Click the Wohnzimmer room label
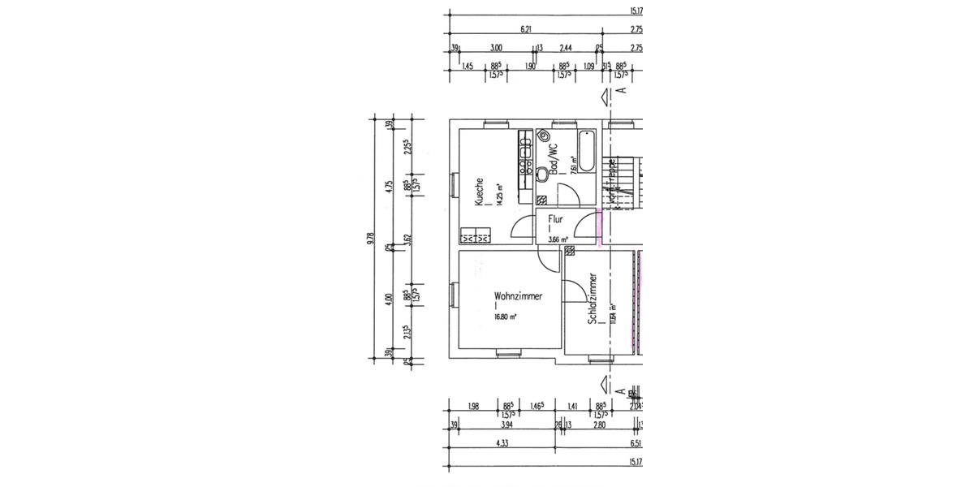(518, 296)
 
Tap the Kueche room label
(481, 192)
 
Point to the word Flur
(555, 219)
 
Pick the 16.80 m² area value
(508, 317)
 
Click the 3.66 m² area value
(558, 239)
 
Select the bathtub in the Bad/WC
(586, 151)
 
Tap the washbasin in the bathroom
(543, 136)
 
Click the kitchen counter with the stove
(525, 166)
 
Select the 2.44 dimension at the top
(567, 48)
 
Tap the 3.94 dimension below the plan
(506, 425)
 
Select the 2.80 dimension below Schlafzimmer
(599, 425)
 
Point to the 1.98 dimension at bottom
(474, 406)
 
